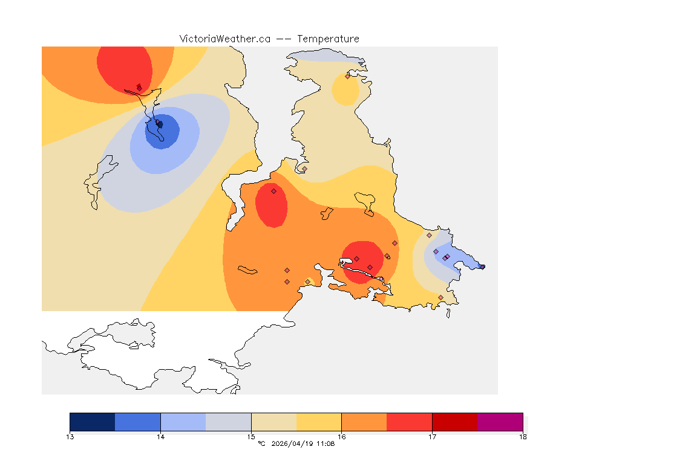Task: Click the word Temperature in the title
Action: point(328,39)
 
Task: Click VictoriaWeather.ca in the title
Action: point(224,39)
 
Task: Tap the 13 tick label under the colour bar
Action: point(70,436)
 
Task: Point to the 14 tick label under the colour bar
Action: point(160,436)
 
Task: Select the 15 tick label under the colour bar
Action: point(251,436)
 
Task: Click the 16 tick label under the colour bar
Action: point(342,436)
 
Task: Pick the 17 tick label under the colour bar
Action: point(432,436)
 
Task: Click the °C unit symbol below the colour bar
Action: point(261,444)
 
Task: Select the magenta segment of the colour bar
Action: point(500,422)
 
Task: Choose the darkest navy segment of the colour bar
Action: point(92,422)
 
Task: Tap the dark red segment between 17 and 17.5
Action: point(454,422)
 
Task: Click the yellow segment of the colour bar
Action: point(319,422)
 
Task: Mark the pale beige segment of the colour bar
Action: point(273,422)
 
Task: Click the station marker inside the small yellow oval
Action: point(347,76)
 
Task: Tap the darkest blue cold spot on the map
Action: point(160,124)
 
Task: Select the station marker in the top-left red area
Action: point(139,88)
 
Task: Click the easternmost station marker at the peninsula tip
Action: point(482,266)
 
